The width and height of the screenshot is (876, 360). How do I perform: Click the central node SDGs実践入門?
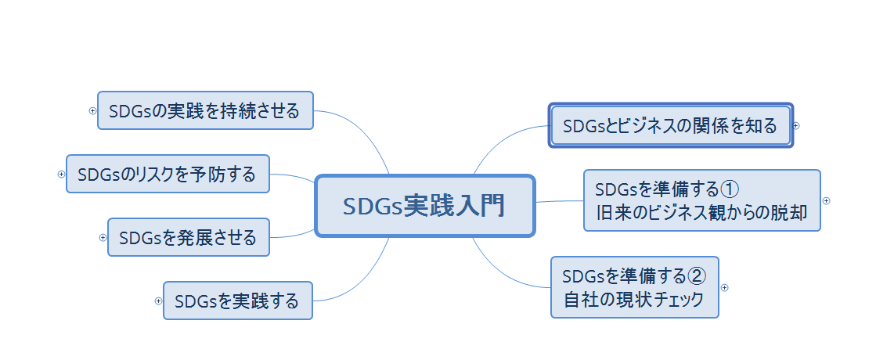pos(424,206)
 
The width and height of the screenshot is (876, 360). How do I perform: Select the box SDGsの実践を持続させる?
pos(205,110)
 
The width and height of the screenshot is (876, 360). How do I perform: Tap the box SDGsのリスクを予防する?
pos(168,175)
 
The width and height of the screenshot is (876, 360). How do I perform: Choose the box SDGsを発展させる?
pos(188,237)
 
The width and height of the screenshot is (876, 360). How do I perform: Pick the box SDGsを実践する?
pos(237,301)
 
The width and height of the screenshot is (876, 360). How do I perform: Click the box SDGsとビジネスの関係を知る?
pos(670,125)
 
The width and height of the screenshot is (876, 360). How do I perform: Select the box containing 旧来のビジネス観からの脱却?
pos(701,200)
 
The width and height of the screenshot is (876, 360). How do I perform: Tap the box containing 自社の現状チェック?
pos(635,287)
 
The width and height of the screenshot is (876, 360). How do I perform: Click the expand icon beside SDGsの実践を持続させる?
pos(92,110)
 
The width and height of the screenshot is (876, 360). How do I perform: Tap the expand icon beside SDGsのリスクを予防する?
pos(62,175)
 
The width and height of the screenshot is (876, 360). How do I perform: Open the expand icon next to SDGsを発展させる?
pos(103,237)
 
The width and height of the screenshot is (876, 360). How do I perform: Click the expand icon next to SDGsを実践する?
pos(159,301)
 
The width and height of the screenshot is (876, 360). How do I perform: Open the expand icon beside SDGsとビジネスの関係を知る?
pos(797,125)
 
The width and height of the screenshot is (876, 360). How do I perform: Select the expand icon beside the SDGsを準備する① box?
pos(826,200)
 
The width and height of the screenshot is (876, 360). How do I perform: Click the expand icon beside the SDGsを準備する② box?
pos(725,287)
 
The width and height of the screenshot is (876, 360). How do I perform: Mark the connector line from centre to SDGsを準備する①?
pos(559,201)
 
